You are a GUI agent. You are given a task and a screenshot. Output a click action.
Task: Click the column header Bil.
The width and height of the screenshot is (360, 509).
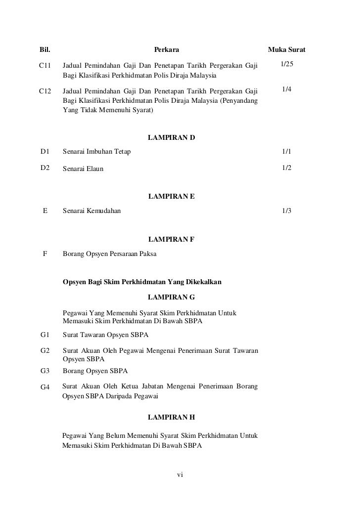(x=45, y=50)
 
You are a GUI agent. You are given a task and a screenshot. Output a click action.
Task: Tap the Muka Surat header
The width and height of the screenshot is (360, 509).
(x=286, y=50)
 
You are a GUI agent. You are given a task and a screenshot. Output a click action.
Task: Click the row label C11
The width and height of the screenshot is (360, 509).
(x=46, y=66)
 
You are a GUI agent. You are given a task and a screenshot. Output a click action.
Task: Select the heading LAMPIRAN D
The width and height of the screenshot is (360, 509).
(x=171, y=137)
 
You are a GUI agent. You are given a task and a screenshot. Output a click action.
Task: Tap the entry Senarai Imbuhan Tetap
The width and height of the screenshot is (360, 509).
(x=97, y=151)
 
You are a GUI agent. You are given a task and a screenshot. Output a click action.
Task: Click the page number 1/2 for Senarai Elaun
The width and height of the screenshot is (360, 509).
(x=286, y=168)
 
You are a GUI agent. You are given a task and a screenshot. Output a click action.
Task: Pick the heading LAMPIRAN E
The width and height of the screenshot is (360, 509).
(x=171, y=196)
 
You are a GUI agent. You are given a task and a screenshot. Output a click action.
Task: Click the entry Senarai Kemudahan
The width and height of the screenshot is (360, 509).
(x=94, y=211)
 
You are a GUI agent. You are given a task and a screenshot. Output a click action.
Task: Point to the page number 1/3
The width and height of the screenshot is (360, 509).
(x=286, y=211)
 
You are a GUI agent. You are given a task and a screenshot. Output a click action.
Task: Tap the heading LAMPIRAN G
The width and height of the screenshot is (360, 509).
(x=171, y=297)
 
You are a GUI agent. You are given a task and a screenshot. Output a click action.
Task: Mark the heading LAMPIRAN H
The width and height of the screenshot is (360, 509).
(x=171, y=417)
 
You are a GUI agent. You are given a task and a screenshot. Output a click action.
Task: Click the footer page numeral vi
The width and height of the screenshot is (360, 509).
(x=180, y=475)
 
